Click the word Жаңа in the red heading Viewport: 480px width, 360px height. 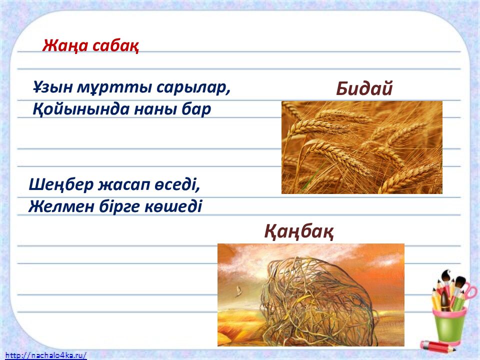click(x=64, y=46)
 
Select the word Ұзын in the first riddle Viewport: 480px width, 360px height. click(x=52, y=87)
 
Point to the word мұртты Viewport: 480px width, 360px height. click(x=114, y=88)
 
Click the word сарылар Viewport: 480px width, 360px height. click(x=193, y=88)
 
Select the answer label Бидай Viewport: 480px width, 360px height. click(x=364, y=89)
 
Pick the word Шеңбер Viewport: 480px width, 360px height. click(x=61, y=185)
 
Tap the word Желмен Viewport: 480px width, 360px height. click(x=61, y=206)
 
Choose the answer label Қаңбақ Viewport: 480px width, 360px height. click(x=299, y=231)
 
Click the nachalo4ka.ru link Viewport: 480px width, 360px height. click(x=46, y=355)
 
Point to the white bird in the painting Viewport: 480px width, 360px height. click(x=237, y=291)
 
